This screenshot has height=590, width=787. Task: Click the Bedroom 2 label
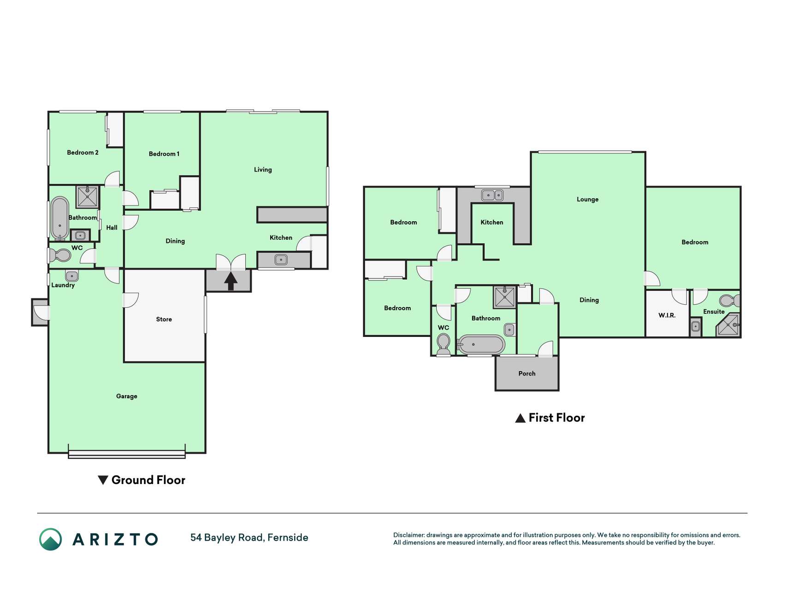click(x=83, y=153)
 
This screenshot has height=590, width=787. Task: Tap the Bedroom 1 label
click(x=164, y=154)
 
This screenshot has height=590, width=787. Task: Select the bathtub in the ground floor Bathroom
click(x=59, y=218)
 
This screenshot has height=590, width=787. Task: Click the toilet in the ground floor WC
click(x=60, y=255)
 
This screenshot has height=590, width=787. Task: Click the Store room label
click(x=164, y=319)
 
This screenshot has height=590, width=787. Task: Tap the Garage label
click(x=127, y=396)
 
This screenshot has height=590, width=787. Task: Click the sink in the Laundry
click(x=71, y=276)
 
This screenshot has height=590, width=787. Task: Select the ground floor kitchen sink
click(x=281, y=260)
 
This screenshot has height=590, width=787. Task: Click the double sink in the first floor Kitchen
click(x=492, y=195)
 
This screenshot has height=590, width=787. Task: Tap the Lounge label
click(x=587, y=200)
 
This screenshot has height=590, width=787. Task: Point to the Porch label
click(x=527, y=374)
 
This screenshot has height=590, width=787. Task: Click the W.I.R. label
click(x=667, y=316)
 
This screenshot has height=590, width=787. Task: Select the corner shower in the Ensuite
click(x=729, y=325)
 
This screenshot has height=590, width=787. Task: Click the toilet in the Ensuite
click(x=730, y=301)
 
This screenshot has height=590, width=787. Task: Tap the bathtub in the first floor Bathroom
click(x=481, y=345)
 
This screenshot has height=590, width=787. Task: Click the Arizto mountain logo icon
click(x=51, y=539)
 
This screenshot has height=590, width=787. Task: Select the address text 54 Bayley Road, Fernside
click(x=249, y=538)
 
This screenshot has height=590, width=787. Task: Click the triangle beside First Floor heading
click(x=520, y=418)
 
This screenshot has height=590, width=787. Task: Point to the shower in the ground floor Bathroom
click(x=87, y=197)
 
